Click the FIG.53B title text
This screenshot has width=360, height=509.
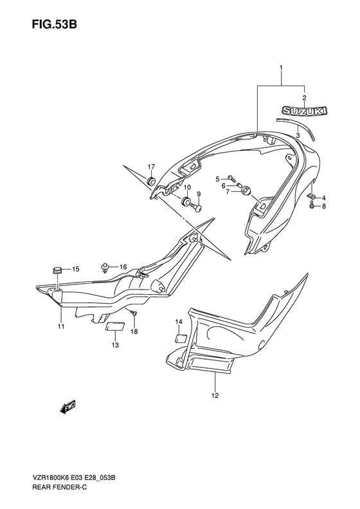pyautogui.click(x=54, y=24)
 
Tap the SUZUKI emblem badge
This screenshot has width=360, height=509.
pyautogui.click(x=304, y=111)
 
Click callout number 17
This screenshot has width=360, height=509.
pyautogui.click(x=152, y=167)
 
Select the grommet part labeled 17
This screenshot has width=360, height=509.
pyautogui.click(x=151, y=181)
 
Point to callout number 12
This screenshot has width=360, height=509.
pyautogui.click(x=215, y=395)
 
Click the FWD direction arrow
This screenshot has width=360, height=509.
pyautogui.click(x=67, y=407)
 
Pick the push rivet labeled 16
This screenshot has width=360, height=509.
pyautogui.click(x=105, y=267)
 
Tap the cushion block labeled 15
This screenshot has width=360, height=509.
pyautogui.click(x=57, y=270)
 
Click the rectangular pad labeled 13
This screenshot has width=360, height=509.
pyautogui.click(x=116, y=326)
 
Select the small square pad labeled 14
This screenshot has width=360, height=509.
pyautogui.click(x=181, y=338)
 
